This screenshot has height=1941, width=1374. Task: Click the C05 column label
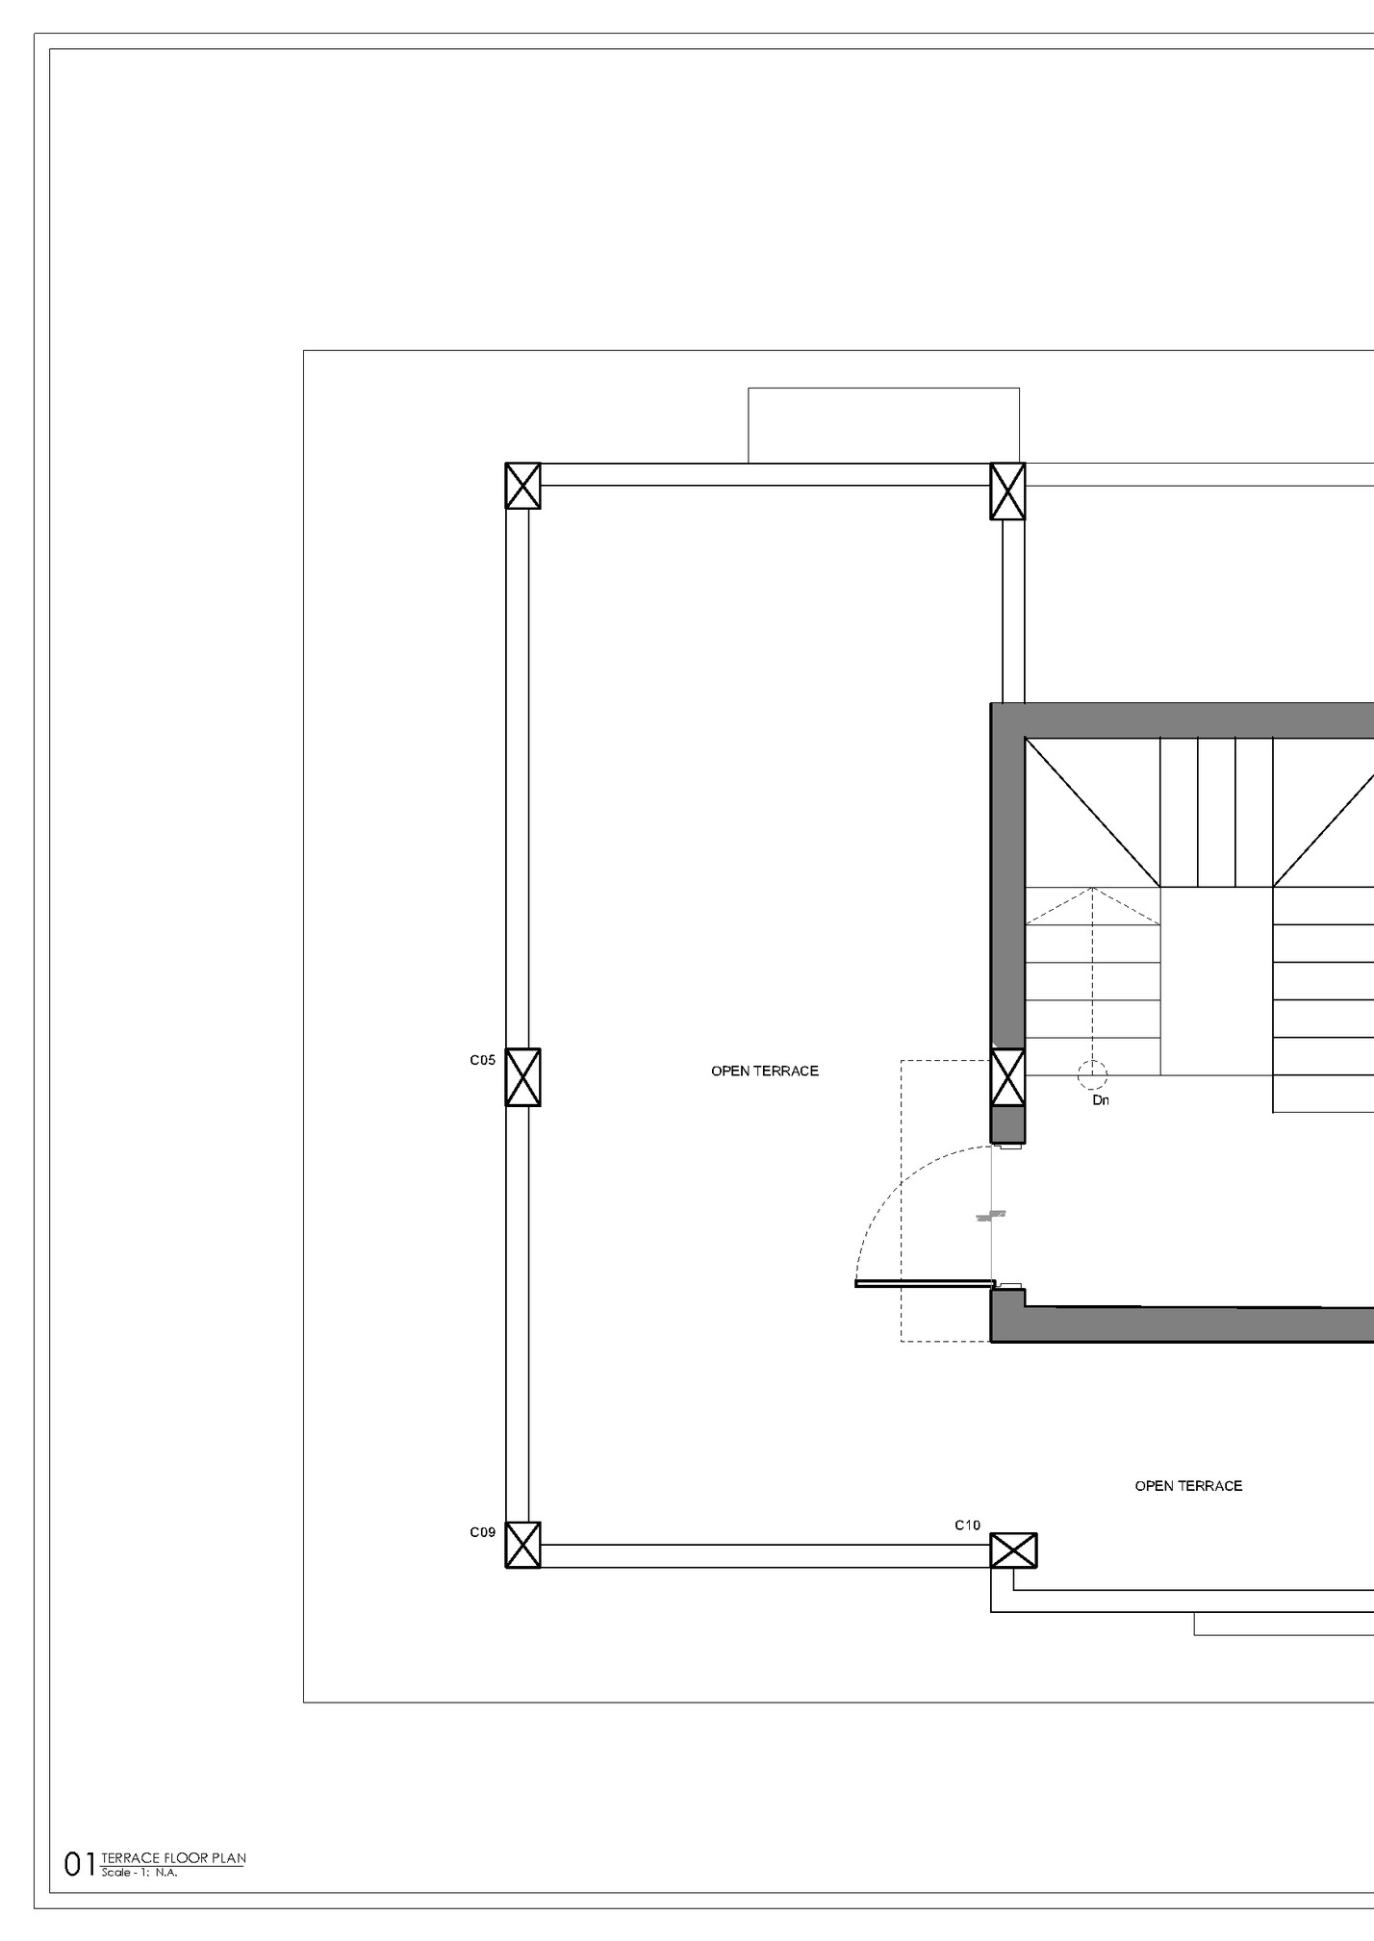[x=482, y=1060]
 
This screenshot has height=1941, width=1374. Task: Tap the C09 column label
[x=482, y=1532]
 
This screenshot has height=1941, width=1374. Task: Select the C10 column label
[x=967, y=1525]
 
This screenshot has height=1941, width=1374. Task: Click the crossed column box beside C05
[x=522, y=1077]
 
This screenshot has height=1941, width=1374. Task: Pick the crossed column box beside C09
[x=522, y=1545]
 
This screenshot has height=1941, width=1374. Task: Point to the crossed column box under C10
[x=1013, y=1550]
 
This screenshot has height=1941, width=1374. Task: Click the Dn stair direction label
[x=1101, y=1100]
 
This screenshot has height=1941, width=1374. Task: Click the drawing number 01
[x=78, y=1865]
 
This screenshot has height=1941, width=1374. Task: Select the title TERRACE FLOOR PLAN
[x=172, y=1858]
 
